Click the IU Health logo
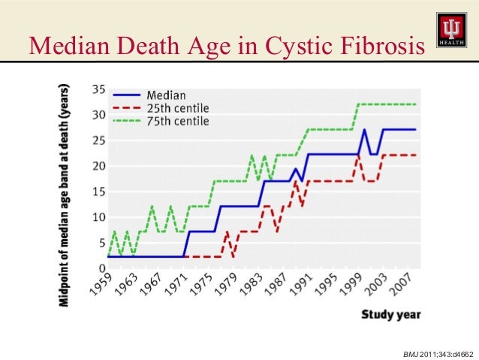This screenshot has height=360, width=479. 450,31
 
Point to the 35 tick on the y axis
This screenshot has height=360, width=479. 98,89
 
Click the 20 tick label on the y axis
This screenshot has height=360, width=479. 98,166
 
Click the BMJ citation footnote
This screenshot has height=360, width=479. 438,352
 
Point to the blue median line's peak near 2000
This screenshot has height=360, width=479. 364,130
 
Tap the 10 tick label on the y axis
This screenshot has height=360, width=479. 98,217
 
